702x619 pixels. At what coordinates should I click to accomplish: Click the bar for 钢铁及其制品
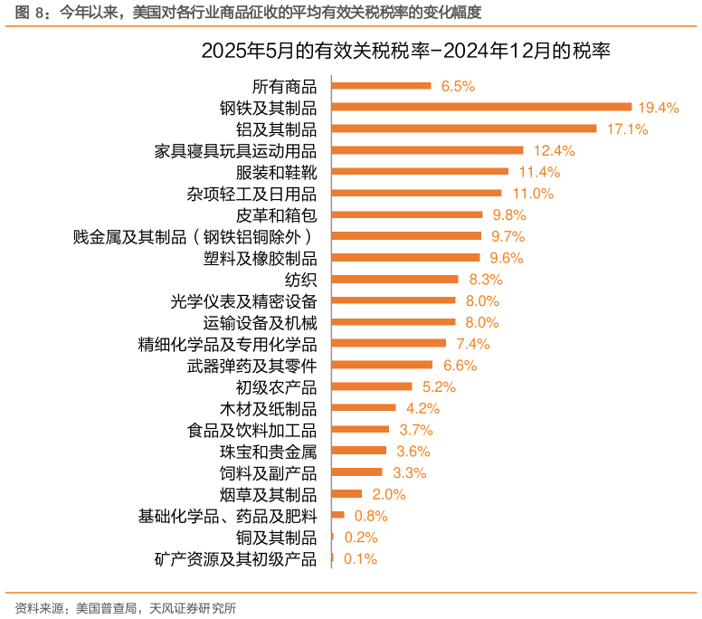481,107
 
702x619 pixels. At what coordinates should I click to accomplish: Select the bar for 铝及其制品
464,129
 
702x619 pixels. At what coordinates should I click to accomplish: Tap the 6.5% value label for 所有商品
458,86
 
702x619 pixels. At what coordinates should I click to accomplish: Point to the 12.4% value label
554,150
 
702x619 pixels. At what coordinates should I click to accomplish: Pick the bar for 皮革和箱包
407,214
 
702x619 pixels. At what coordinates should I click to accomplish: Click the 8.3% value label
485,279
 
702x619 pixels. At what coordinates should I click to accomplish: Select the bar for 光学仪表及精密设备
394,300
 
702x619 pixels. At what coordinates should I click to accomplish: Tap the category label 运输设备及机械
260,322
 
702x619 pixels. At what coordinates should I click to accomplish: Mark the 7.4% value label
472,344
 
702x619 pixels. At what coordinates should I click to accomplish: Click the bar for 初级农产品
372,386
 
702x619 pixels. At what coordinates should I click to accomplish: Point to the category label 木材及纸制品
268,408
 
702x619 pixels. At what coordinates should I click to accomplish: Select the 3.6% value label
413,451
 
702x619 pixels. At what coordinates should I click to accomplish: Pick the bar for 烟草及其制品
347,494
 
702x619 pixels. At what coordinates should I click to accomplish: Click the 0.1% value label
360,558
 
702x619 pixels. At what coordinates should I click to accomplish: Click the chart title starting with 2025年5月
406,52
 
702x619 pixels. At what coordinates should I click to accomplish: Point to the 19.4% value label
658,107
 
